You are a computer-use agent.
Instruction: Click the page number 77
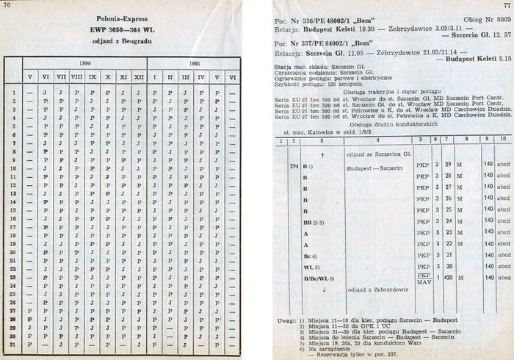pos(506,6)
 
